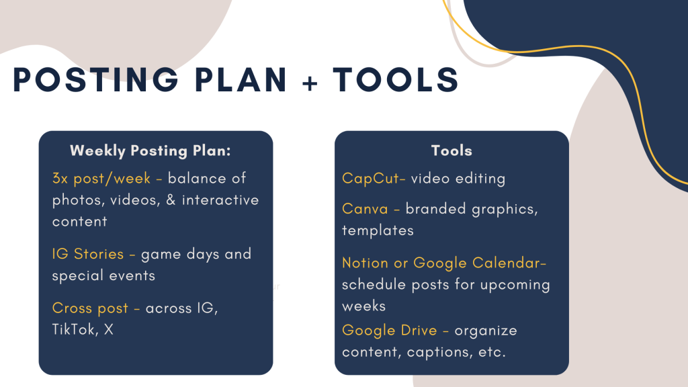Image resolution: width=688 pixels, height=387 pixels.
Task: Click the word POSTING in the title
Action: (x=95, y=80)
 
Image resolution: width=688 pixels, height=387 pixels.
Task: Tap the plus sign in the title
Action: (x=310, y=83)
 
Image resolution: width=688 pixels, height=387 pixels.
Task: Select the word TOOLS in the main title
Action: (x=396, y=80)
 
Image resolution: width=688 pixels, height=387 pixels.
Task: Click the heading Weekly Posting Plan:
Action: (x=150, y=150)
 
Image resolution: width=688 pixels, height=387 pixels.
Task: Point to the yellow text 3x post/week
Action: (x=101, y=178)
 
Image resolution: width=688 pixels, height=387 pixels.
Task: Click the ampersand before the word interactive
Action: (x=171, y=200)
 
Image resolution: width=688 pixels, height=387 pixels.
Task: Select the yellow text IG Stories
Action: (x=88, y=253)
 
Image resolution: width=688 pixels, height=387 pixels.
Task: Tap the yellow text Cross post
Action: (x=90, y=308)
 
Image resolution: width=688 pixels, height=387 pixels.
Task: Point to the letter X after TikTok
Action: (x=108, y=329)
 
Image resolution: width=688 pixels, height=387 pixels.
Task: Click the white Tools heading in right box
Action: (x=451, y=150)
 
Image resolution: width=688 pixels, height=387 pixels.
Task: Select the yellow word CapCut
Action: (x=371, y=179)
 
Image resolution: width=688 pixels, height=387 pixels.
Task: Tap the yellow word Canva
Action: (x=365, y=208)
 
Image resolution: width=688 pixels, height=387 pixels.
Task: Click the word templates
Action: (x=378, y=230)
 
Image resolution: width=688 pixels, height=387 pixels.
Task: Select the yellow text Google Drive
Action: (x=390, y=330)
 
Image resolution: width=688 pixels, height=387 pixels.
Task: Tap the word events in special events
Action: (x=132, y=275)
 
